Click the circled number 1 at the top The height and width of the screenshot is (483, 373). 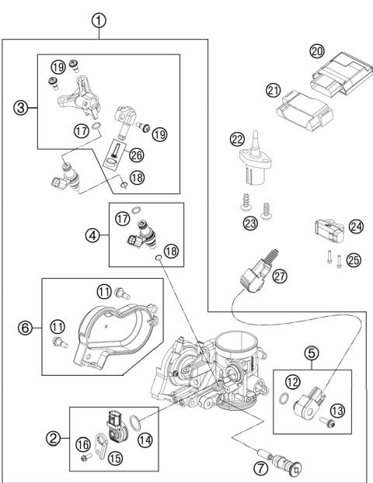pos(99,21)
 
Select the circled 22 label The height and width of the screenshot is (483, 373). pos(237,140)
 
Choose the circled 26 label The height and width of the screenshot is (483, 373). pos(136,155)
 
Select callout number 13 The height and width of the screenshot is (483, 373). pos(336,410)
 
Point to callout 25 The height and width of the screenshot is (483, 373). pos(354,260)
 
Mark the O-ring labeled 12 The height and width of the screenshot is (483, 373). pos(281,401)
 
